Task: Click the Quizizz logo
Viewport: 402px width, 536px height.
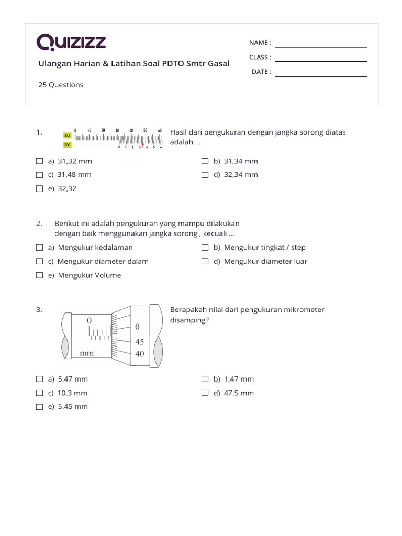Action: click(71, 42)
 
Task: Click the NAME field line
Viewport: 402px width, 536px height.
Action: click(321, 47)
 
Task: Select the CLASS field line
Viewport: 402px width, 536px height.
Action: click(321, 61)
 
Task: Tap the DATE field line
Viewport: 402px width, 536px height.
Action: click(321, 76)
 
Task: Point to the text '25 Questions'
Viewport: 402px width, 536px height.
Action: click(61, 85)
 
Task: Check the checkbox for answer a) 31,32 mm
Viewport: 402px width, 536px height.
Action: click(40, 161)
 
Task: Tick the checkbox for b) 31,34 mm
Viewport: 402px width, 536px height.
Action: click(205, 161)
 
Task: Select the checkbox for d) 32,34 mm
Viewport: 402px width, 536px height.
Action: click(205, 175)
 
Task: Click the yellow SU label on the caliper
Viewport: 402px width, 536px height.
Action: click(67, 135)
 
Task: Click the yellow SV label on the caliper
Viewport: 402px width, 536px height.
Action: click(67, 144)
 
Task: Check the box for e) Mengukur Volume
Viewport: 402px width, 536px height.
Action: click(40, 275)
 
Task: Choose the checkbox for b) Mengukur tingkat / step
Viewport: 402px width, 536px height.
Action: click(205, 248)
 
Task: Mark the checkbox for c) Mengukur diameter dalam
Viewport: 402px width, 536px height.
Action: click(40, 261)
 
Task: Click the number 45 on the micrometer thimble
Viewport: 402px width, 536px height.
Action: click(139, 342)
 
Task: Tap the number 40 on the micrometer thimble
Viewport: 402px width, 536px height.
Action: click(139, 354)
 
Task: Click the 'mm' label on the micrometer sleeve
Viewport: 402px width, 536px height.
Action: click(87, 353)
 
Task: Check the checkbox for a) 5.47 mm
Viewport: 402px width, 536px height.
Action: click(40, 379)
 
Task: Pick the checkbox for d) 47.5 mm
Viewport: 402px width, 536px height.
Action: click(205, 393)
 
